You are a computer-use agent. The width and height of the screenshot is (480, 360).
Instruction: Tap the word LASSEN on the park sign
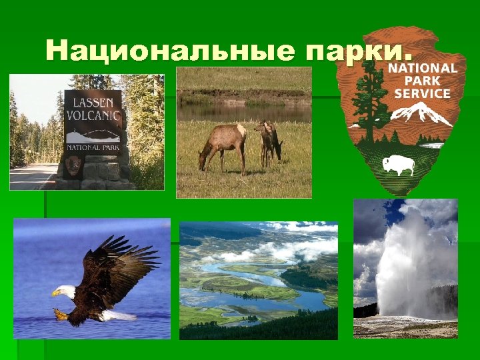coord(93,104)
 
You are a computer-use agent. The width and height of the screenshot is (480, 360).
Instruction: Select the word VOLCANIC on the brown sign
coord(93,116)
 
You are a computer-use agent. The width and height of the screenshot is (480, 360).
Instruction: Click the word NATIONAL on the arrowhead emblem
coord(422,67)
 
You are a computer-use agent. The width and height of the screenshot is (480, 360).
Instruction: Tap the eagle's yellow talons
coord(62,313)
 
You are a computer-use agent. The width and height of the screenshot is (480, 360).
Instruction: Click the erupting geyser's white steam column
coord(401,267)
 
